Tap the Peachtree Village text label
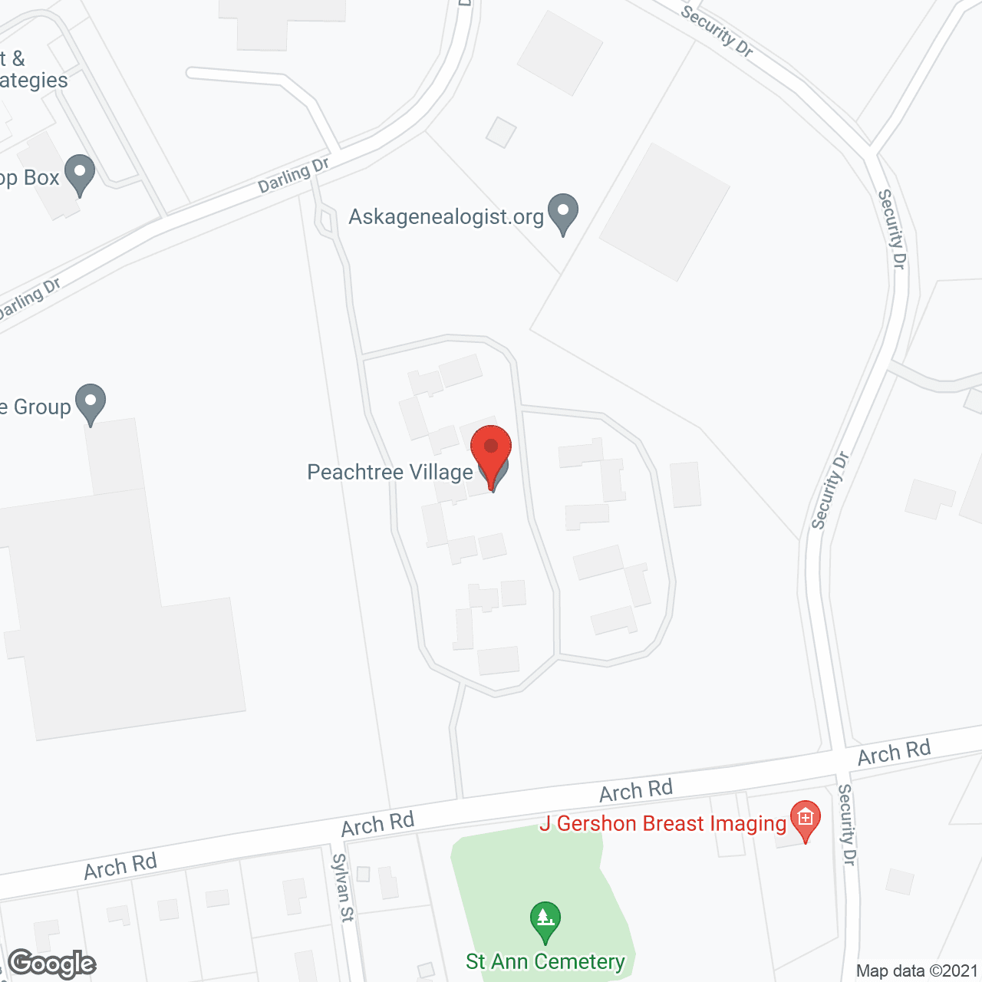[390, 472]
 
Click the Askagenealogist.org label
[447, 217]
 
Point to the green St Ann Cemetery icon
[545, 921]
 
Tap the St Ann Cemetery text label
[545, 961]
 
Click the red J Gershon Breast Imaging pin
[806, 819]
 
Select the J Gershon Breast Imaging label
[663, 824]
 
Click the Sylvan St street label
[343, 887]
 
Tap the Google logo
[51, 964]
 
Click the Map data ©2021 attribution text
[917, 970]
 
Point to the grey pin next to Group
[91, 403]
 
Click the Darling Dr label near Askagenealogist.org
[293, 176]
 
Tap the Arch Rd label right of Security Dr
[894, 752]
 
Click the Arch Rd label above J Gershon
[636, 790]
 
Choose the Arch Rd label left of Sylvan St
[120, 866]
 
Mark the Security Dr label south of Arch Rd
[845, 825]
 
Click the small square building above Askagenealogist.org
[501, 132]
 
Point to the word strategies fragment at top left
[34, 81]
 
